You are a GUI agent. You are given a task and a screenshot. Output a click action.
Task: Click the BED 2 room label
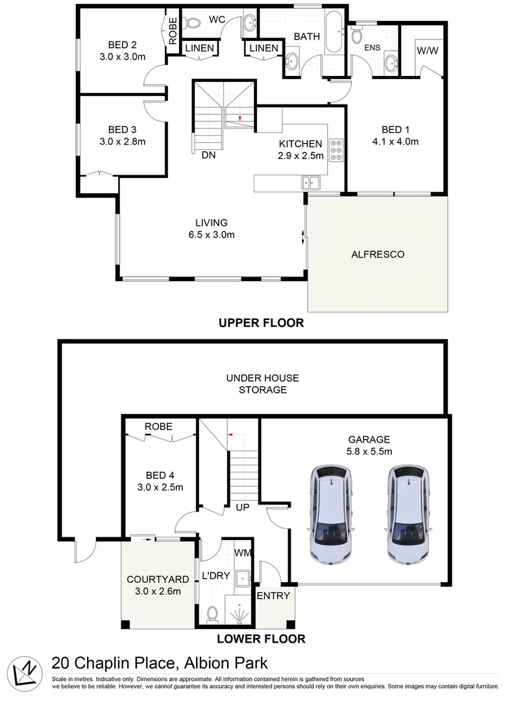(121, 45)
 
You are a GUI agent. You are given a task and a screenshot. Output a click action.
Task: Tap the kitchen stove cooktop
(337, 150)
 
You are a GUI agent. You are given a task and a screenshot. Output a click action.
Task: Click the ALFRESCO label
(378, 254)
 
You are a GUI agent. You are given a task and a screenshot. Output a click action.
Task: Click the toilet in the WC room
(191, 23)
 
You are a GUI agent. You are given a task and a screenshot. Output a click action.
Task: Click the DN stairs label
(208, 155)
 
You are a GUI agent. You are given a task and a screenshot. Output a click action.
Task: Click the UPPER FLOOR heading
(261, 323)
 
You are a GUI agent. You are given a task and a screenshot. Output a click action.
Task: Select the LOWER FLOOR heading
(261, 639)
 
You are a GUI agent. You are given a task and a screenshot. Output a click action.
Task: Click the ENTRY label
(274, 596)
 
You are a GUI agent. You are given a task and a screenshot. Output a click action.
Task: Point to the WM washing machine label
(243, 552)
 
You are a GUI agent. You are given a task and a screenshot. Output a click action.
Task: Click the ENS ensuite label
(372, 47)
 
